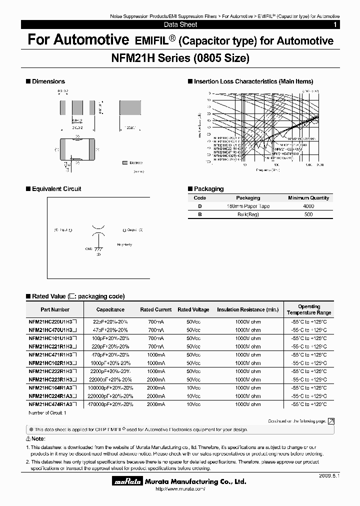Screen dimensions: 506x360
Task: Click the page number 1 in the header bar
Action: point(334,24)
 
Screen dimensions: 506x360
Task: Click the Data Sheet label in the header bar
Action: point(180,24)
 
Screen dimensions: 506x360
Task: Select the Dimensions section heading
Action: point(48,81)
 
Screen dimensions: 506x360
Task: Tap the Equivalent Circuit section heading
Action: point(56,189)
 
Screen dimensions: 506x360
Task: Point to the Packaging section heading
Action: point(208,189)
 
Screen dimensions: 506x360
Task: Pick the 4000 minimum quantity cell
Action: point(308,206)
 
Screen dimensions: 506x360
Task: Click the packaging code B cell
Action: point(200,214)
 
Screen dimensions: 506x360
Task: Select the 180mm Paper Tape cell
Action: point(248,206)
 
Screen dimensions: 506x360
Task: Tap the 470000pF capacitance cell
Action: point(110,403)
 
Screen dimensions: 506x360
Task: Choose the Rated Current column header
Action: point(156,309)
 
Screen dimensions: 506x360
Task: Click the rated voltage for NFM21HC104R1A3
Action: point(193,387)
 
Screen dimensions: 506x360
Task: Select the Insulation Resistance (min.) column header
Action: point(247,309)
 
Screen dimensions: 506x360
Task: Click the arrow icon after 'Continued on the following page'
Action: point(330,421)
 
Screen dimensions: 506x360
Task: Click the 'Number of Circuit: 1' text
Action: point(47,412)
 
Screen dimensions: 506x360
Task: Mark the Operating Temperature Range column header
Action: point(308,309)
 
